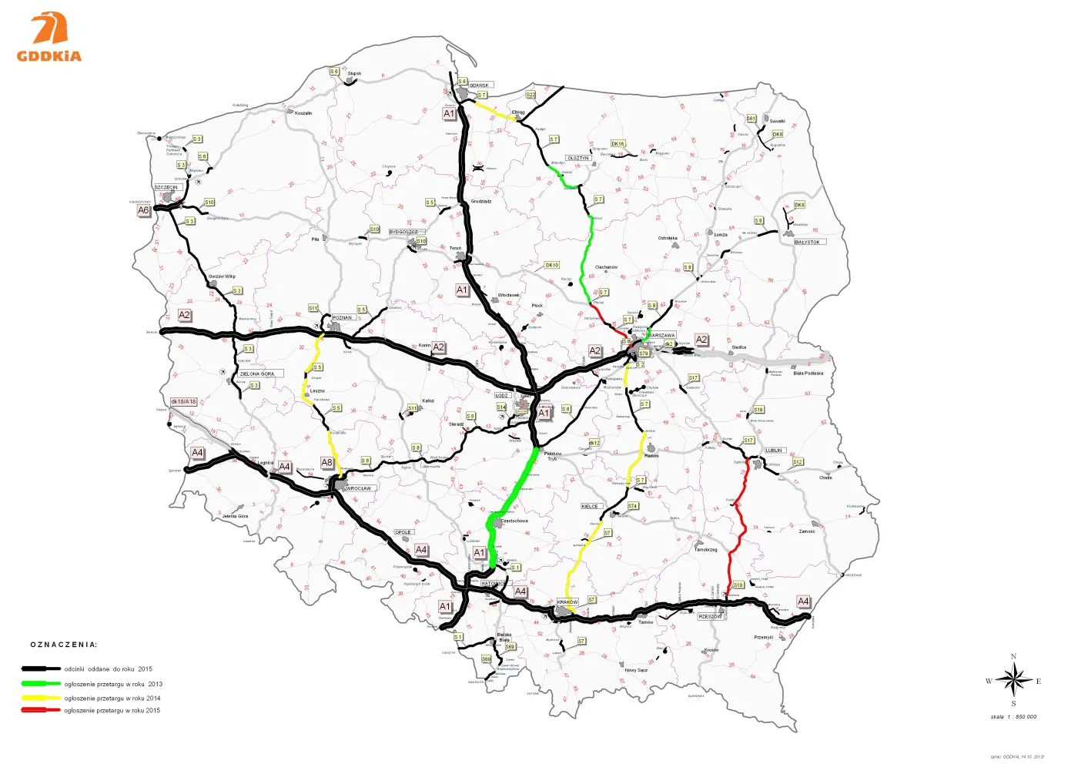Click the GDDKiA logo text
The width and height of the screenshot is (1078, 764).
coord(49,56)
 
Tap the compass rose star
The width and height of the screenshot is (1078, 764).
coord(1013,680)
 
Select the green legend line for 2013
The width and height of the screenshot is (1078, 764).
coord(42,684)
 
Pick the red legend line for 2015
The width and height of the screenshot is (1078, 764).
coord(42,710)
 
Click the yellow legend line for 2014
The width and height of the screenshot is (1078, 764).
coord(42,697)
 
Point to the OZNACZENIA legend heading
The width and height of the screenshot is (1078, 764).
coord(64,645)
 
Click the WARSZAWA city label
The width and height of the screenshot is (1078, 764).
coord(661,336)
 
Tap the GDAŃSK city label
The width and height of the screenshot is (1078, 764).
coord(480,85)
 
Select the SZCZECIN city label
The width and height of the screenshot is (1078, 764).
coord(166,187)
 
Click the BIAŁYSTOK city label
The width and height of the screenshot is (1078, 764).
coord(808,242)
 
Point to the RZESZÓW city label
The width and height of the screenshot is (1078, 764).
coord(710,617)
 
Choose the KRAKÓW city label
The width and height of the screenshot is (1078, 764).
coord(567,602)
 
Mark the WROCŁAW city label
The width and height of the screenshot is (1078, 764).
coord(359,488)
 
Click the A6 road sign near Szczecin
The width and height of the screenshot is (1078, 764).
coord(143,210)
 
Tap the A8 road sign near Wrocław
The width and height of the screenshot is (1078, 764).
coord(327,463)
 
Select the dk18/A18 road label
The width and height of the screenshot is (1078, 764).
coord(183,402)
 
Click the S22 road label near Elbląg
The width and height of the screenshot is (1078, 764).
coord(531,95)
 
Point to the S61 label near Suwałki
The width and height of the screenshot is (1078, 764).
coord(751,119)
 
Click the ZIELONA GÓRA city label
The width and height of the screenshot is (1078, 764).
coord(257,374)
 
